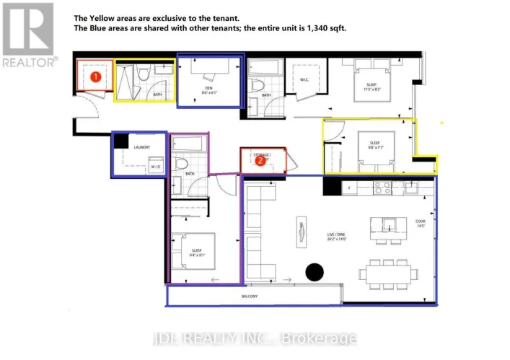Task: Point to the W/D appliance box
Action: pos(155,167)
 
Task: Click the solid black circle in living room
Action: pos(314,272)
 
